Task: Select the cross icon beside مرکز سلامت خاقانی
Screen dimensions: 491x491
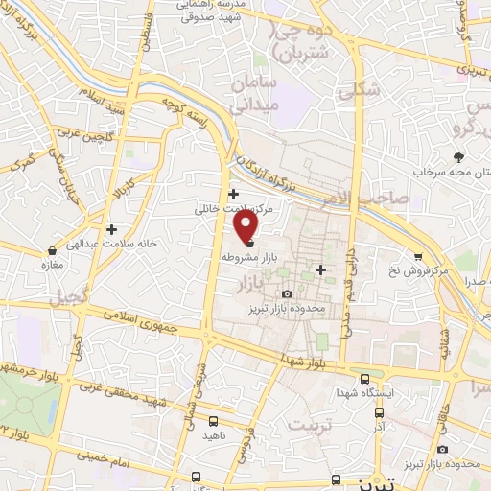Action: point(233,194)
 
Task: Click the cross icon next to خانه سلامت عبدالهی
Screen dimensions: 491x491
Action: point(112,229)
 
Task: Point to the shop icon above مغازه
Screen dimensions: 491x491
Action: point(51,250)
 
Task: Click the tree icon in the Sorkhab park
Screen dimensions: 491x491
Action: point(459,155)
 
